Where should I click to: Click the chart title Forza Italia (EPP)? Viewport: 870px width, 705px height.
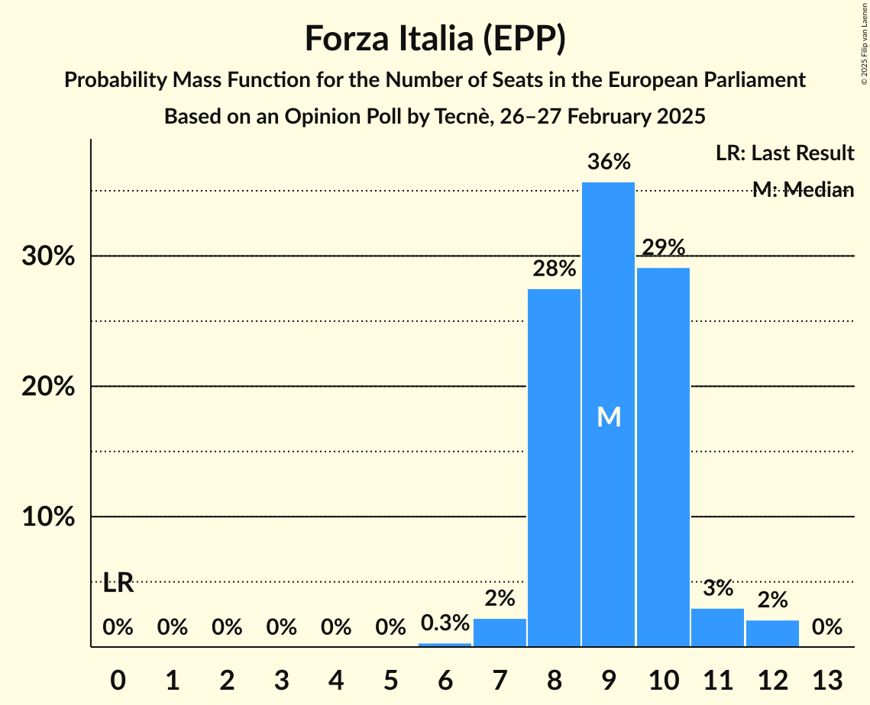pyautogui.click(x=435, y=38)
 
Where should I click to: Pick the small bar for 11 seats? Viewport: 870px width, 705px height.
pyautogui.click(x=717, y=627)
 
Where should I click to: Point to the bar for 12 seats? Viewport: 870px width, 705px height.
pyautogui.click(x=772, y=633)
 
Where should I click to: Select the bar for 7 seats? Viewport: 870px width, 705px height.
pyautogui.click(x=500, y=633)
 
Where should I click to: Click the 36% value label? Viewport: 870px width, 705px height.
pyautogui.click(x=609, y=162)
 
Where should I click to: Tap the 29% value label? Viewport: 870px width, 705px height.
pyautogui.click(x=663, y=247)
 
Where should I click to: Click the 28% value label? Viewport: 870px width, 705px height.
pyautogui.click(x=554, y=269)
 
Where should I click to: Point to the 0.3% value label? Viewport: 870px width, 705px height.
pyautogui.click(x=445, y=623)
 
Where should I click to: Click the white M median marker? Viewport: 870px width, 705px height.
pyautogui.click(x=609, y=417)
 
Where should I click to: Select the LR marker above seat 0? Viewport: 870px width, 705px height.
pyautogui.click(x=118, y=584)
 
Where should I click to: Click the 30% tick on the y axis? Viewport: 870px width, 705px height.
pyautogui.click(x=48, y=256)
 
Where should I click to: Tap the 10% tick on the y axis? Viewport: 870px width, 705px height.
pyautogui.click(x=48, y=517)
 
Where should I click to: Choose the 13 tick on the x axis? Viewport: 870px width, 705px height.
pyautogui.click(x=826, y=678)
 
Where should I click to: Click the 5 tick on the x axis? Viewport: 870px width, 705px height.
pyautogui.click(x=390, y=678)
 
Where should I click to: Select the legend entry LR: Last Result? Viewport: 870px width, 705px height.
pyautogui.click(x=784, y=153)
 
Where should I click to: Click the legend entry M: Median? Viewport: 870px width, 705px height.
pyautogui.click(x=802, y=190)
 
